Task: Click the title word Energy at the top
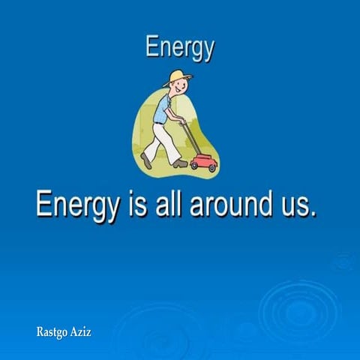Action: [180, 48]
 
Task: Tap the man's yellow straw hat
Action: [178, 76]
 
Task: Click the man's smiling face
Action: [178, 87]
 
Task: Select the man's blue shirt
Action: [163, 109]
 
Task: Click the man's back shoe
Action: [145, 160]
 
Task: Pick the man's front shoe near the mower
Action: [180, 162]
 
